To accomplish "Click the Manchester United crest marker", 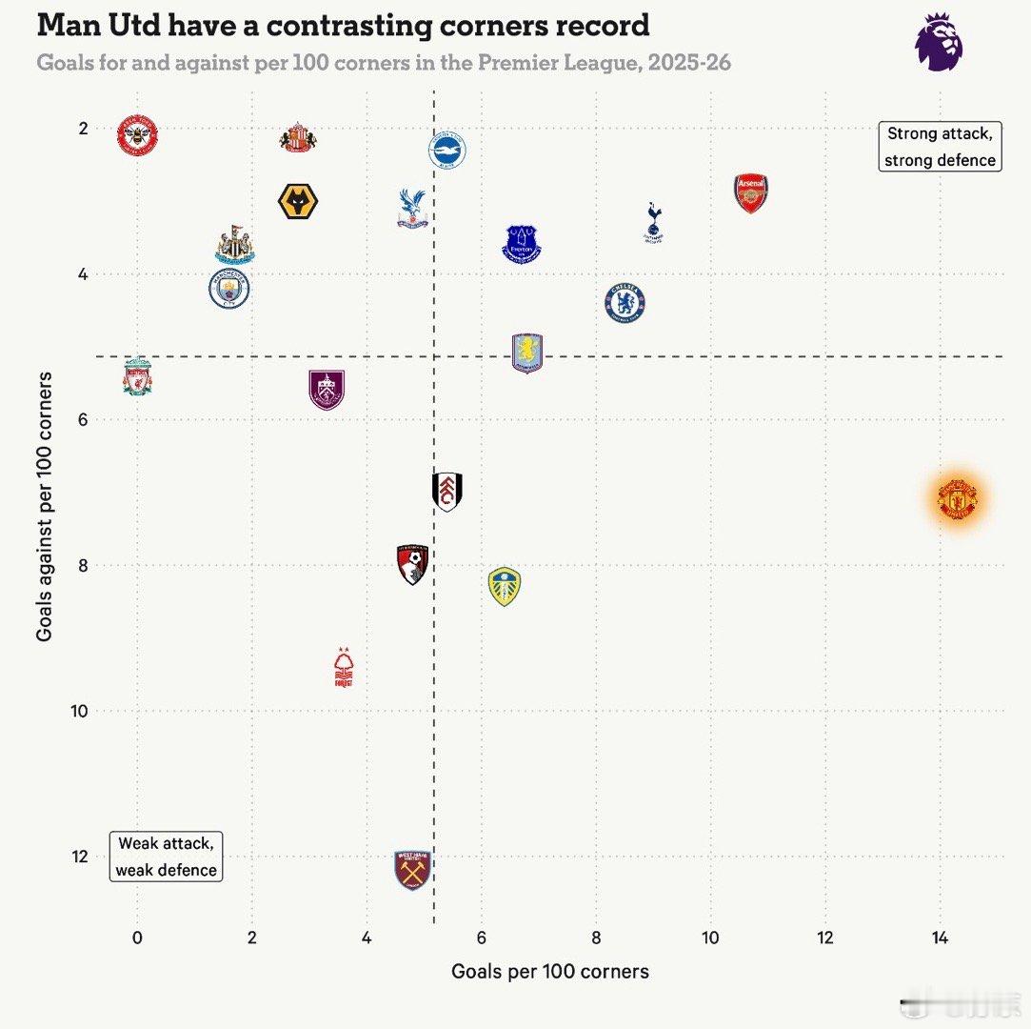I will click(x=958, y=498).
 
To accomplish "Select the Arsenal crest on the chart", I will click(x=750, y=193).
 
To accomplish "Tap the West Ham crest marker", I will click(x=413, y=870).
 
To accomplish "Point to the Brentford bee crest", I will click(x=137, y=136).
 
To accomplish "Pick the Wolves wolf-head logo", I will click(x=298, y=202).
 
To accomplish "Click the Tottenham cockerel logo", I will click(x=653, y=222).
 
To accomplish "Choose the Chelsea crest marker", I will click(x=625, y=302).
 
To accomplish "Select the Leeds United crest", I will click(x=505, y=586).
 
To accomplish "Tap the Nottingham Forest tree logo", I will click(x=344, y=667).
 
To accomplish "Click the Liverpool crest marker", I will click(x=137, y=377).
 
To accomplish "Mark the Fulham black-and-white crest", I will click(x=447, y=492).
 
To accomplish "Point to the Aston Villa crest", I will click(x=527, y=353).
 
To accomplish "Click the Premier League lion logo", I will click(x=939, y=42).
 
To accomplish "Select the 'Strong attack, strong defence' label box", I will click(x=940, y=147).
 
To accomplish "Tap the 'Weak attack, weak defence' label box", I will click(x=166, y=856).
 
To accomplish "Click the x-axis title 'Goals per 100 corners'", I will click(x=550, y=971).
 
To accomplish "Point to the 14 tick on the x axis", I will click(x=940, y=938).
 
